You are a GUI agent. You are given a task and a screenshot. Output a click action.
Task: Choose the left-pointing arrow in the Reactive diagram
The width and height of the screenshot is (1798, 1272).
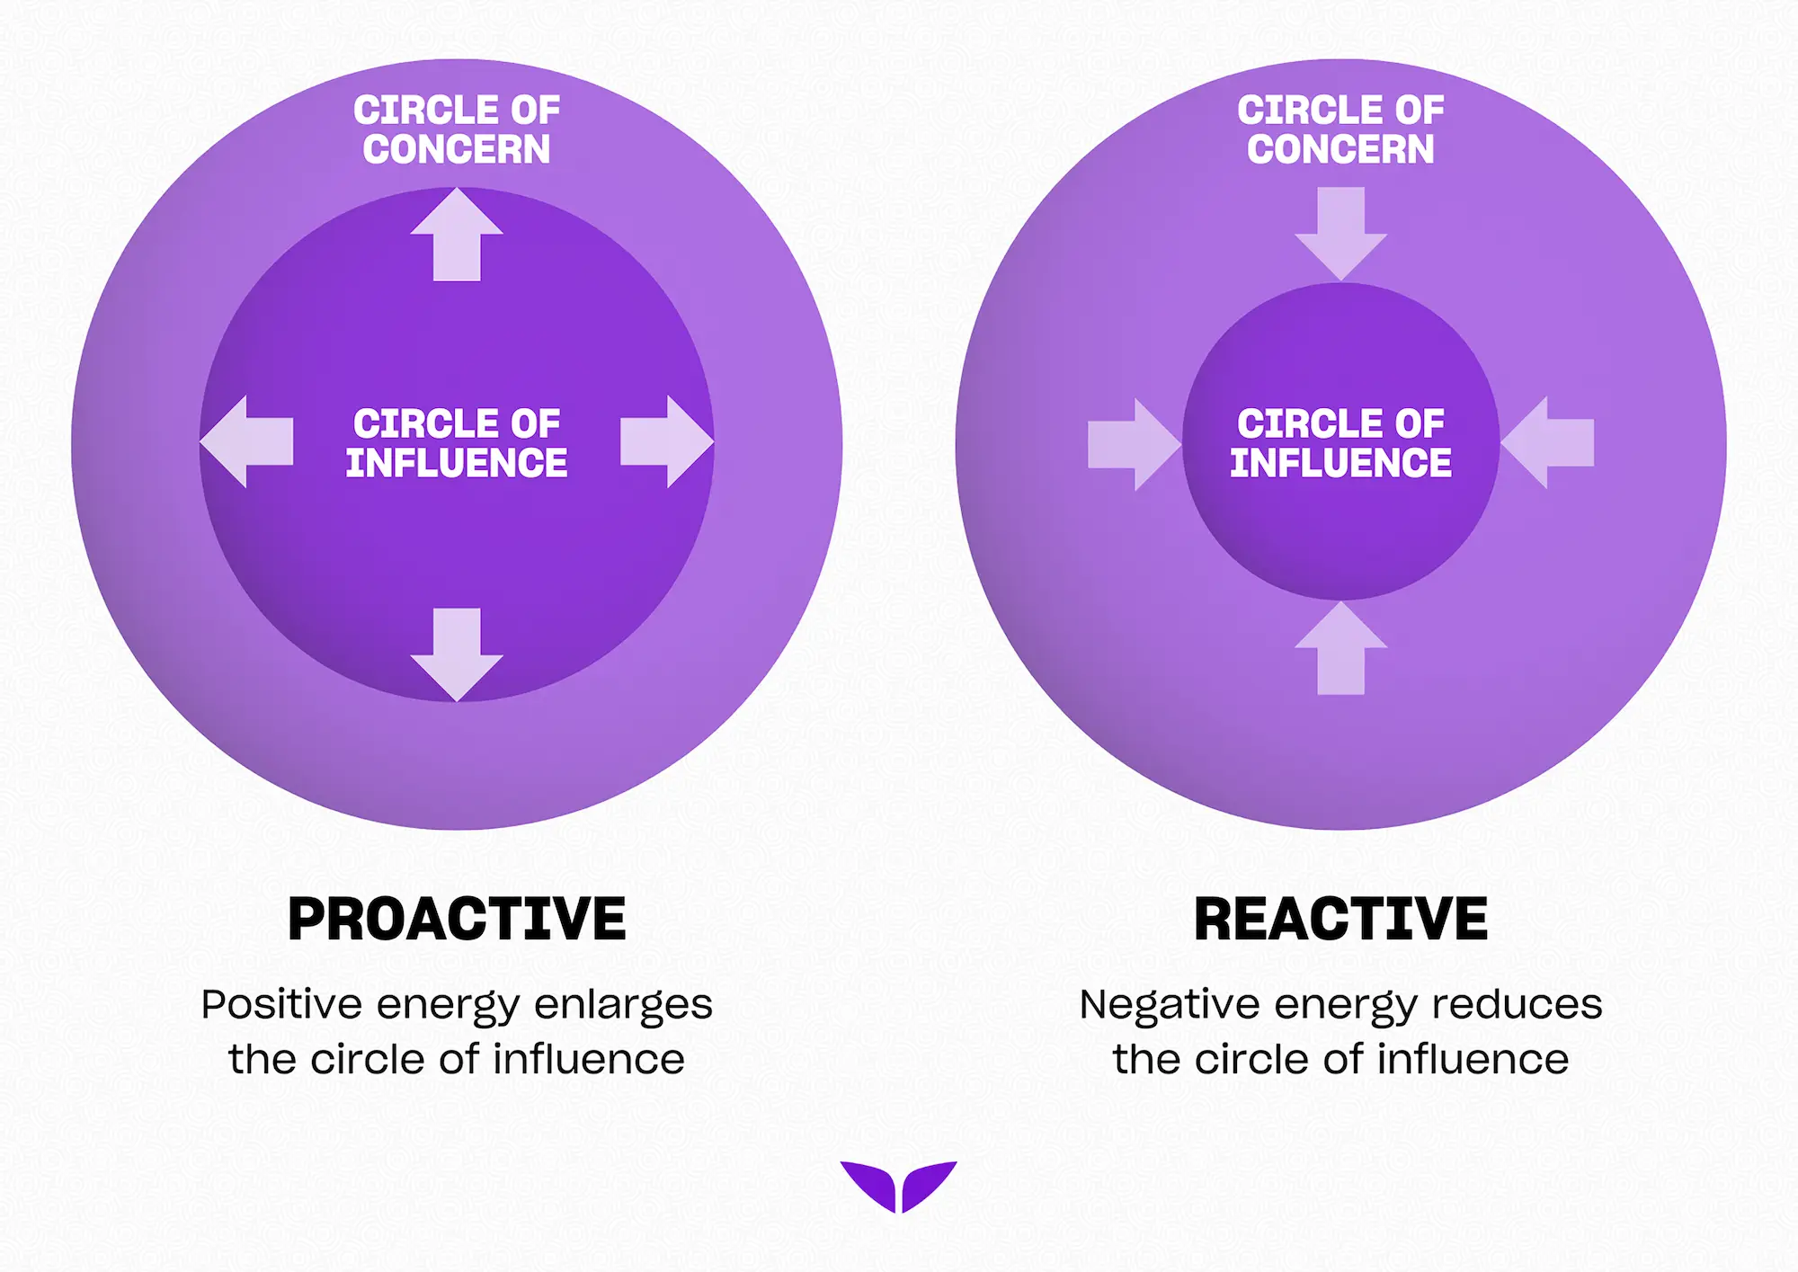pyautogui.click(x=1547, y=442)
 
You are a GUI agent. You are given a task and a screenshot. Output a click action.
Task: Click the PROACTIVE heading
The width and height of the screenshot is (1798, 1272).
pyautogui.click(x=457, y=920)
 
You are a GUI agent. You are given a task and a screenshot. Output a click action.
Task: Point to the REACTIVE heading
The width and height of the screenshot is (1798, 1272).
pyautogui.click(x=1340, y=920)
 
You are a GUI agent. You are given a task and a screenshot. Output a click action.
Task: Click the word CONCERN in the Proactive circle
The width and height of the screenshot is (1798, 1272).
pyautogui.click(x=457, y=149)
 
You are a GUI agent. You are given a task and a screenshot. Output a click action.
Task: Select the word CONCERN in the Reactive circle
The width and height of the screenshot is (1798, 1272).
pyautogui.click(x=1340, y=149)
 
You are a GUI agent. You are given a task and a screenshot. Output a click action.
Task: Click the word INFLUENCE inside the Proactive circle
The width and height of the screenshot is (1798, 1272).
pyautogui.click(x=457, y=463)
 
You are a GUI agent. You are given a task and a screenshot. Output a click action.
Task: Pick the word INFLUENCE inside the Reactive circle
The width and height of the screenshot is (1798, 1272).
pyautogui.click(x=1340, y=463)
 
